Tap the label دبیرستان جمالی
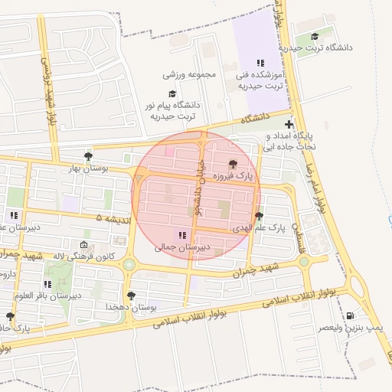(x=181, y=247)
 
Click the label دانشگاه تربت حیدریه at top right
(x=317, y=47)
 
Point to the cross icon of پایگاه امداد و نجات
(x=289, y=124)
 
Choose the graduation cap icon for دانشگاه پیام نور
(x=172, y=93)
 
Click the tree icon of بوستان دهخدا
(x=131, y=295)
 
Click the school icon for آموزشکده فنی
(x=260, y=64)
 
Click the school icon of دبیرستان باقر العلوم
(x=47, y=284)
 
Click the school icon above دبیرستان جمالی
(x=181, y=235)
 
